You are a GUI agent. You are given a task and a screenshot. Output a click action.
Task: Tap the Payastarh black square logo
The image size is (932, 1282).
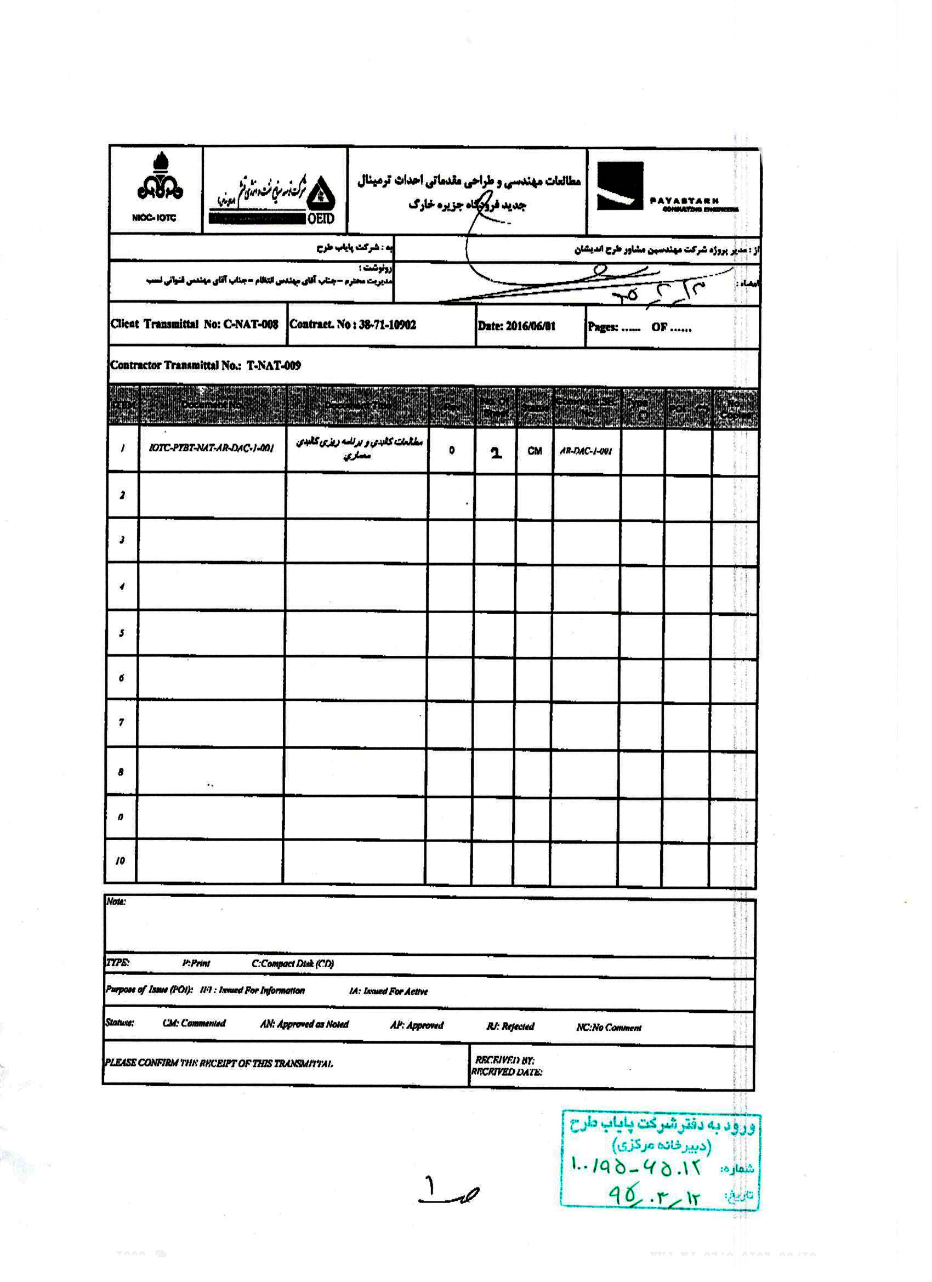click(x=620, y=186)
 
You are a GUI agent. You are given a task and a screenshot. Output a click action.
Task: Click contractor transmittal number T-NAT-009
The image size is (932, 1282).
click(x=274, y=365)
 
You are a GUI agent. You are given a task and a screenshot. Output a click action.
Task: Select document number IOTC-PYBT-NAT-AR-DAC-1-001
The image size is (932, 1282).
click(x=212, y=448)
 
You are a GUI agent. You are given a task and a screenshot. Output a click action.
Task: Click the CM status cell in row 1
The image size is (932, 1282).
click(x=534, y=451)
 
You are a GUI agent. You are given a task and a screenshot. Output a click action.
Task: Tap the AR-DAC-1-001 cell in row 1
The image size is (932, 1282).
click(x=586, y=451)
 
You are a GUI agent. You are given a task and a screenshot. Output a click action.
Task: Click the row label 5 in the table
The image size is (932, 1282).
click(x=121, y=633)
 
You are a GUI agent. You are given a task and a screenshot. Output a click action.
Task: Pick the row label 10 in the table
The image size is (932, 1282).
click(x=120, y=860)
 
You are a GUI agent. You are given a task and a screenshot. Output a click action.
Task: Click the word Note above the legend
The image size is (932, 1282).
click(x=116, y=901)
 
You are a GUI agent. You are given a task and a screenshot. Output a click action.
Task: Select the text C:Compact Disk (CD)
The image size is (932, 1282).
click(x=292, y=964)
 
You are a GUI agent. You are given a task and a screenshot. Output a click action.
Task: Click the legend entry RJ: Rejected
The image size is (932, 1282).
click(x=510, y=1026)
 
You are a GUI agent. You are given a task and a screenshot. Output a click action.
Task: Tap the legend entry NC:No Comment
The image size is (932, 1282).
click(x=609, y=1028)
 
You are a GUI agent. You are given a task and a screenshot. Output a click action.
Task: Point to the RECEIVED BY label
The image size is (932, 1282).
click(x=504, y=1060)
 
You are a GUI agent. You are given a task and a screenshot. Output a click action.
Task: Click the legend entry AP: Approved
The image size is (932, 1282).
click(x=417, y=1025)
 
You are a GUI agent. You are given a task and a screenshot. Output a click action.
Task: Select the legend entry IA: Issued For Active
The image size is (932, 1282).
click(x=388, y=991)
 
